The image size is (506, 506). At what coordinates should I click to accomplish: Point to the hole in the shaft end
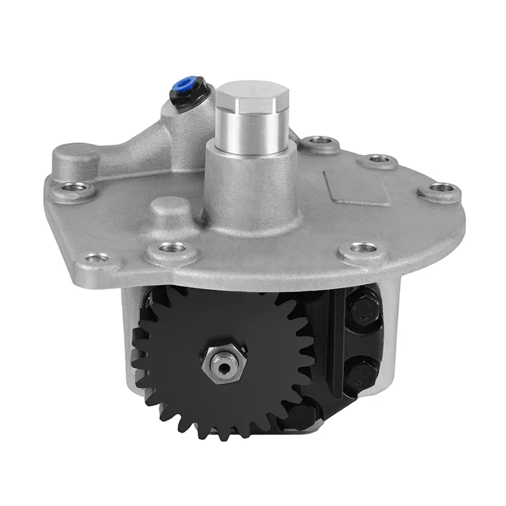coord(223,364)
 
